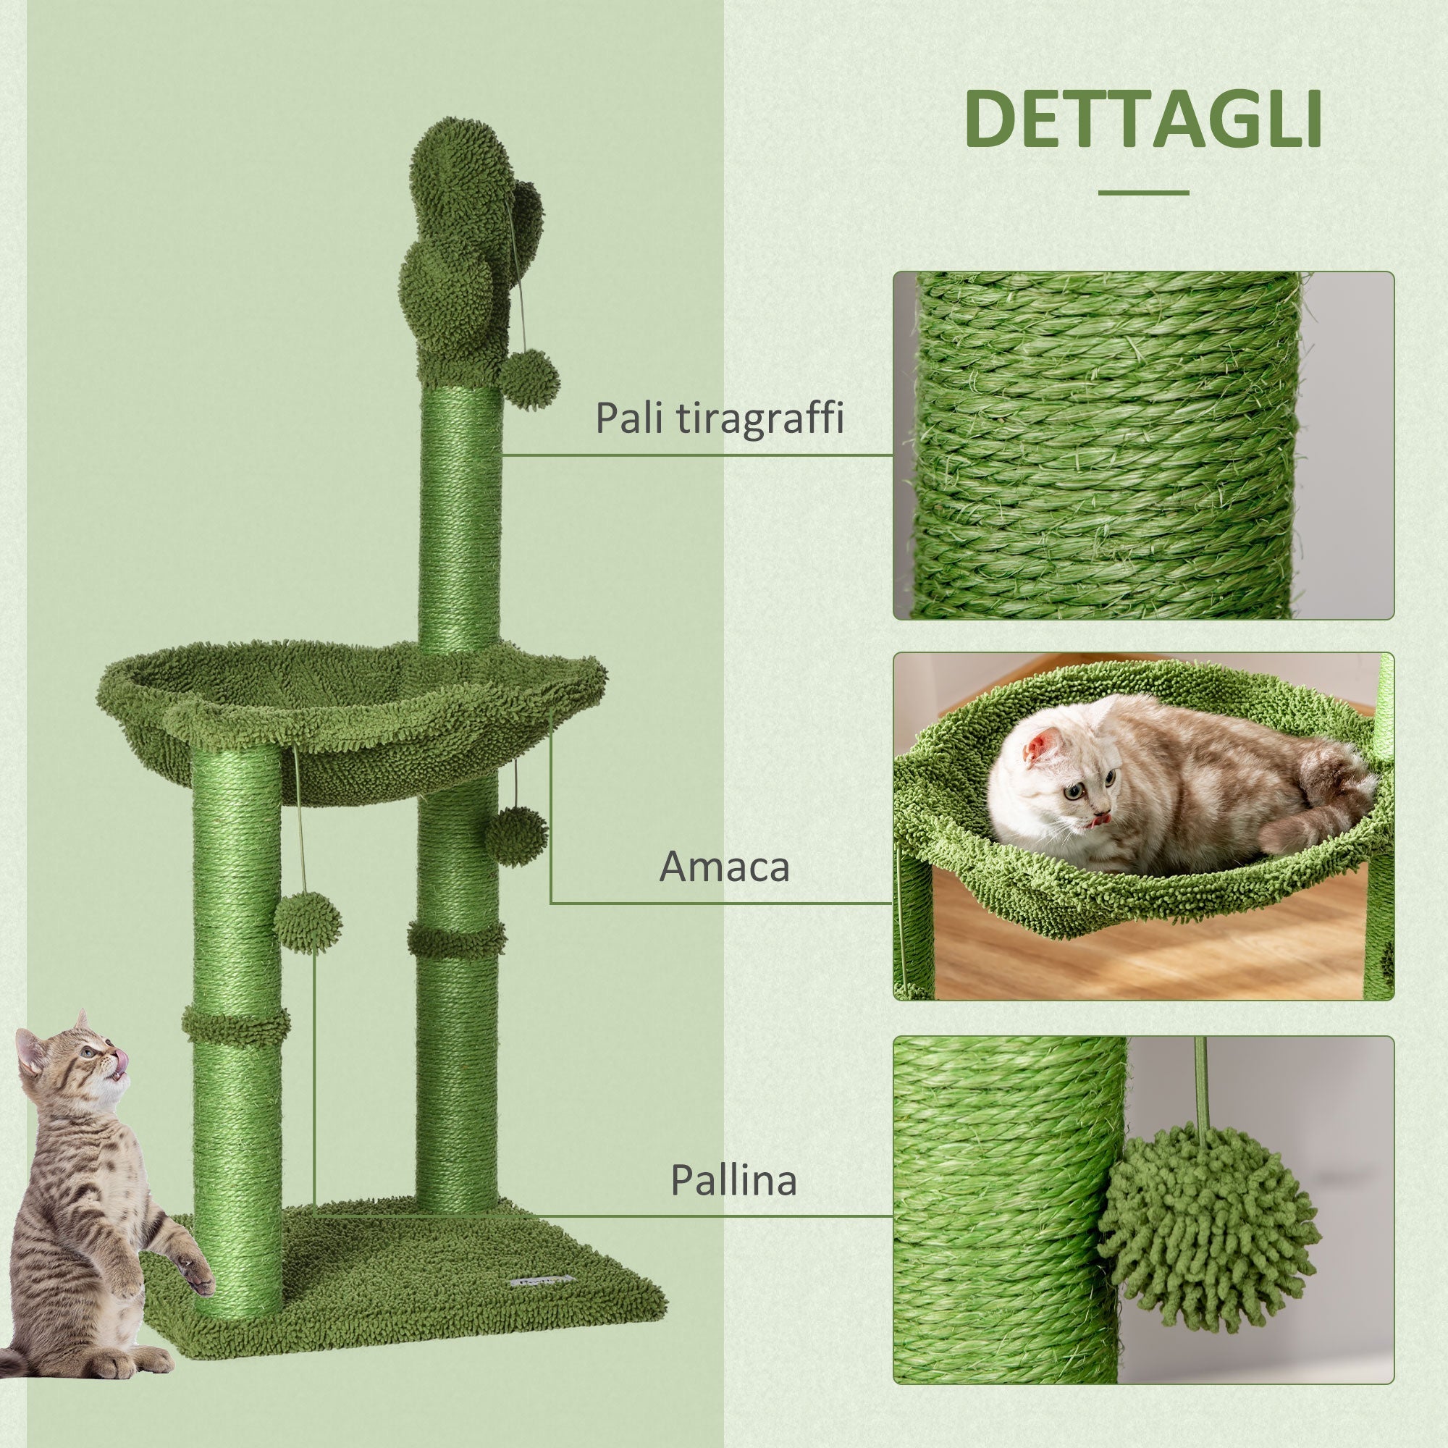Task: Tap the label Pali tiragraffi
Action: pos(719,418)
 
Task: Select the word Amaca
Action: pos(724,867)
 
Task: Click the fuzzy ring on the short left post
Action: pos(235,1025)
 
